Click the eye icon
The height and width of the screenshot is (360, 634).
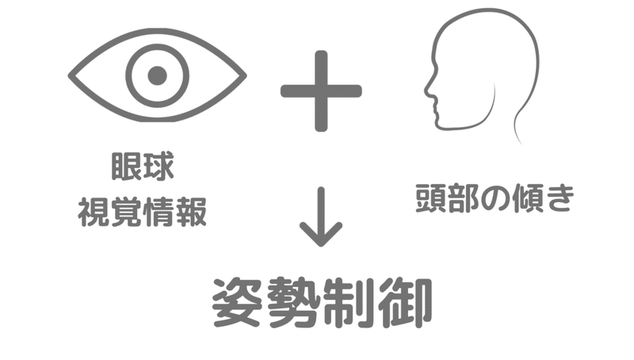point(157,76)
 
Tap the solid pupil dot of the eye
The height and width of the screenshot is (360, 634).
point(157,76)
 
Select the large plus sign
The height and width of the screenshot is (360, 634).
point(321,90)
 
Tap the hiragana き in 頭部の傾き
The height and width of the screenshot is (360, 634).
point(557,200)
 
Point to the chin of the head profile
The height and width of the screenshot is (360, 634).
point(440,119)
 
